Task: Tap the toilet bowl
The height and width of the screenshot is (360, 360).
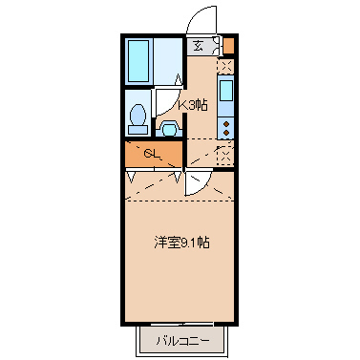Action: click(138, 117)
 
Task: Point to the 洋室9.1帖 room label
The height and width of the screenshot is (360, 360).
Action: click(183, 243)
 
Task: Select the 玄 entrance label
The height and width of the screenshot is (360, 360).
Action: click(198, 45)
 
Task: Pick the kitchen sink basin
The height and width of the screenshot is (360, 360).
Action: click(226, 94)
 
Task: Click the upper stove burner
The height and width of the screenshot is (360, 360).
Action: click(226, 122)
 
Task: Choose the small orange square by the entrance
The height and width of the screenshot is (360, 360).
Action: click(228, 45)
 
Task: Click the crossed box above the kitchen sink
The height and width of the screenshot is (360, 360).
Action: click(226, 67)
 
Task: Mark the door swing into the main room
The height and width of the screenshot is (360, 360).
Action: click(198, 181)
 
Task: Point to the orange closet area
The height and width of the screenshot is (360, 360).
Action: click(153, 154)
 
